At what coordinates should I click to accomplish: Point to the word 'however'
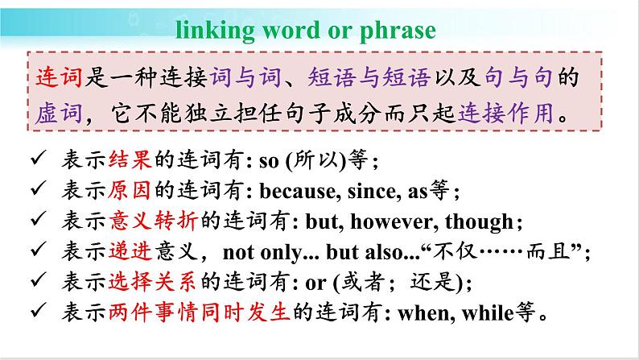394,221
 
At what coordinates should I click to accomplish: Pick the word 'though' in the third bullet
479,222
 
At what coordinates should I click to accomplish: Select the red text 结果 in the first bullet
130,159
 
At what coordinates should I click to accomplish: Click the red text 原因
130,190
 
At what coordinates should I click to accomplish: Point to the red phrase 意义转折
154,221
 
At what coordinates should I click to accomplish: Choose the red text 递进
130,251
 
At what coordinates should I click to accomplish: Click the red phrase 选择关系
152,282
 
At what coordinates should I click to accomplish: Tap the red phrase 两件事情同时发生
199,312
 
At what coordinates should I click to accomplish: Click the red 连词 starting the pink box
59,77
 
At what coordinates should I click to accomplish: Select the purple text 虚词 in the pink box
59,113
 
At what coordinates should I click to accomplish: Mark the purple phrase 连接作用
506,113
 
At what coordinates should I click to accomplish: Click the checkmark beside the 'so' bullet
38,157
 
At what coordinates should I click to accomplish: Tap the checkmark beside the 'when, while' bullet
38,310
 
